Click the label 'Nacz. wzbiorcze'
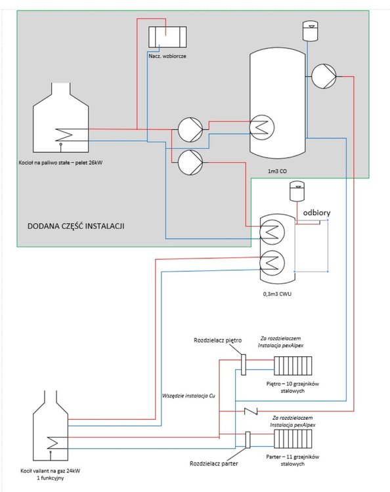(167, 56)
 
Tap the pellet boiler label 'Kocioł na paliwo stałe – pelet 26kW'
(61, 163)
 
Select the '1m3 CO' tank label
(277, 171)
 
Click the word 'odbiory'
(316, 213)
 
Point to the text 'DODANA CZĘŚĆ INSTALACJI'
(76, 226)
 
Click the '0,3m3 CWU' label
(277, 294)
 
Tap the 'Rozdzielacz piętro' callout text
(217, 340)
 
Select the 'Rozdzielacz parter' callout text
(214, 463)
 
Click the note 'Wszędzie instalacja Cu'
(188, 396)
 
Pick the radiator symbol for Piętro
(293, 365)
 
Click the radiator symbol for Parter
(293, 439)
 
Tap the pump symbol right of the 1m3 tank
(324, 76)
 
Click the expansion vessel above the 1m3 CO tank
(311, 31)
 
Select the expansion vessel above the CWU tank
(297, 191)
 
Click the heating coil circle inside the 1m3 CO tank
(262, 127)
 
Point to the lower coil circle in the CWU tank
(272, 262)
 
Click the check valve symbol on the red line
(251, 411)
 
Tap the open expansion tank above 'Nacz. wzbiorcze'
(167, 37)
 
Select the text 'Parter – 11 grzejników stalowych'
(293, 460)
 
